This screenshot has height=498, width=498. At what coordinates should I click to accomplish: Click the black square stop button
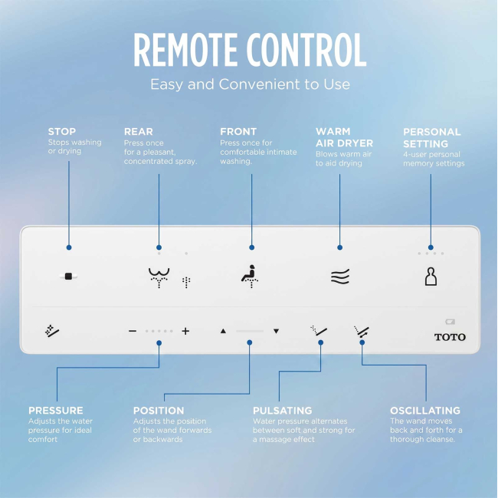click(68, 277)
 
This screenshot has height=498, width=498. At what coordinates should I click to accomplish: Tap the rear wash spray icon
click(159, 277)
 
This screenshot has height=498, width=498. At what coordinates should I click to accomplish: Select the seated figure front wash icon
click(250, 277)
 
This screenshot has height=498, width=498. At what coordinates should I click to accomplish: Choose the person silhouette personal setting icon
click(431, 277)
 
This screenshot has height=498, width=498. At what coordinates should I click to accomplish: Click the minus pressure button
click(133, 331)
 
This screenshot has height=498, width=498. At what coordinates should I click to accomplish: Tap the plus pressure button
click(185, 331)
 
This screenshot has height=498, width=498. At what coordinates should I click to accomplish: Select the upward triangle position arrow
click(223, 331)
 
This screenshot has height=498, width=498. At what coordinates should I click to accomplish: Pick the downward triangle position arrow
click(277, 331)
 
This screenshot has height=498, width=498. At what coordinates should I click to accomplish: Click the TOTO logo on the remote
click(450, 337)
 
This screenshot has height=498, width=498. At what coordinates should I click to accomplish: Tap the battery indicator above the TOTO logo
click(450, 322)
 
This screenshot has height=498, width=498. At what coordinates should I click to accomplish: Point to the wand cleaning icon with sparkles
click(52, 331)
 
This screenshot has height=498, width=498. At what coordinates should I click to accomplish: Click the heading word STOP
click(62, 132)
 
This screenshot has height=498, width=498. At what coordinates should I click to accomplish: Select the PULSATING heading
click(283, 411)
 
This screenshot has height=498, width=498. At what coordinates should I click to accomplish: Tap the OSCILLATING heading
click(425, 411)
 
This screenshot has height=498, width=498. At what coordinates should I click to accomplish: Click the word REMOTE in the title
click(185, 50)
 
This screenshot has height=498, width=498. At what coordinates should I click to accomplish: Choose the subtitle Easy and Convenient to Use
click(251, 84)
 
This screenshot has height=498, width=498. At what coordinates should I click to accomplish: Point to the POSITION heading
click(159, 411)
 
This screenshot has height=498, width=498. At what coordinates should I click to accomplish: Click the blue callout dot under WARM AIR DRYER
click(340, 247)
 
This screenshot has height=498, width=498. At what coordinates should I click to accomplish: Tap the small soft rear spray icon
click(186, 283)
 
